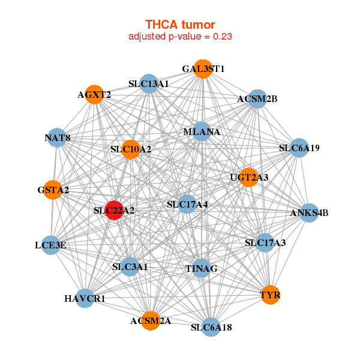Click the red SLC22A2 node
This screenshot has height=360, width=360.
coord(115,211)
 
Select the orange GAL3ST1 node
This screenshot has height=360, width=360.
coord(203,69)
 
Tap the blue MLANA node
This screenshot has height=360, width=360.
coord(202,131)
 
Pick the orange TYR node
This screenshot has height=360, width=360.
coord(271,295)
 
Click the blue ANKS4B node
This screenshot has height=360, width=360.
coord(309,213)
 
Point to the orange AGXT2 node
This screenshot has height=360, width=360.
coord(94,94)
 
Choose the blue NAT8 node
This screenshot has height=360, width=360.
coord(57,138)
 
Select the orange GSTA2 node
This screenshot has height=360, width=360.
coord(53,190)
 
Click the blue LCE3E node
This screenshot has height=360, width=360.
coord(51,245)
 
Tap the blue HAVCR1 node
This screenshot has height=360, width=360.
coord(85,298)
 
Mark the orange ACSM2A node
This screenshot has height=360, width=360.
coord(151,321)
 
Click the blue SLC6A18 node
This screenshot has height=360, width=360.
coord(211,327)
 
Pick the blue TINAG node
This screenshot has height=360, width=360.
coord(201,268)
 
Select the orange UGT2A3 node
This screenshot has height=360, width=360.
coord(249,177)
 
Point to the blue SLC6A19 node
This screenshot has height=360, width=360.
coord(299,148)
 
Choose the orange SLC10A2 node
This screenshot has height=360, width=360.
coord(131,149)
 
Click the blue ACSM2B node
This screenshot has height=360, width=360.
coord(257,99)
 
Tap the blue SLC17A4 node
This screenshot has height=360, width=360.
coord(187,204)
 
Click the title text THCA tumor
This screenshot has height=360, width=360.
coord(180,25)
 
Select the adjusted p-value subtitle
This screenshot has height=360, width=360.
coord(180,37)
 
